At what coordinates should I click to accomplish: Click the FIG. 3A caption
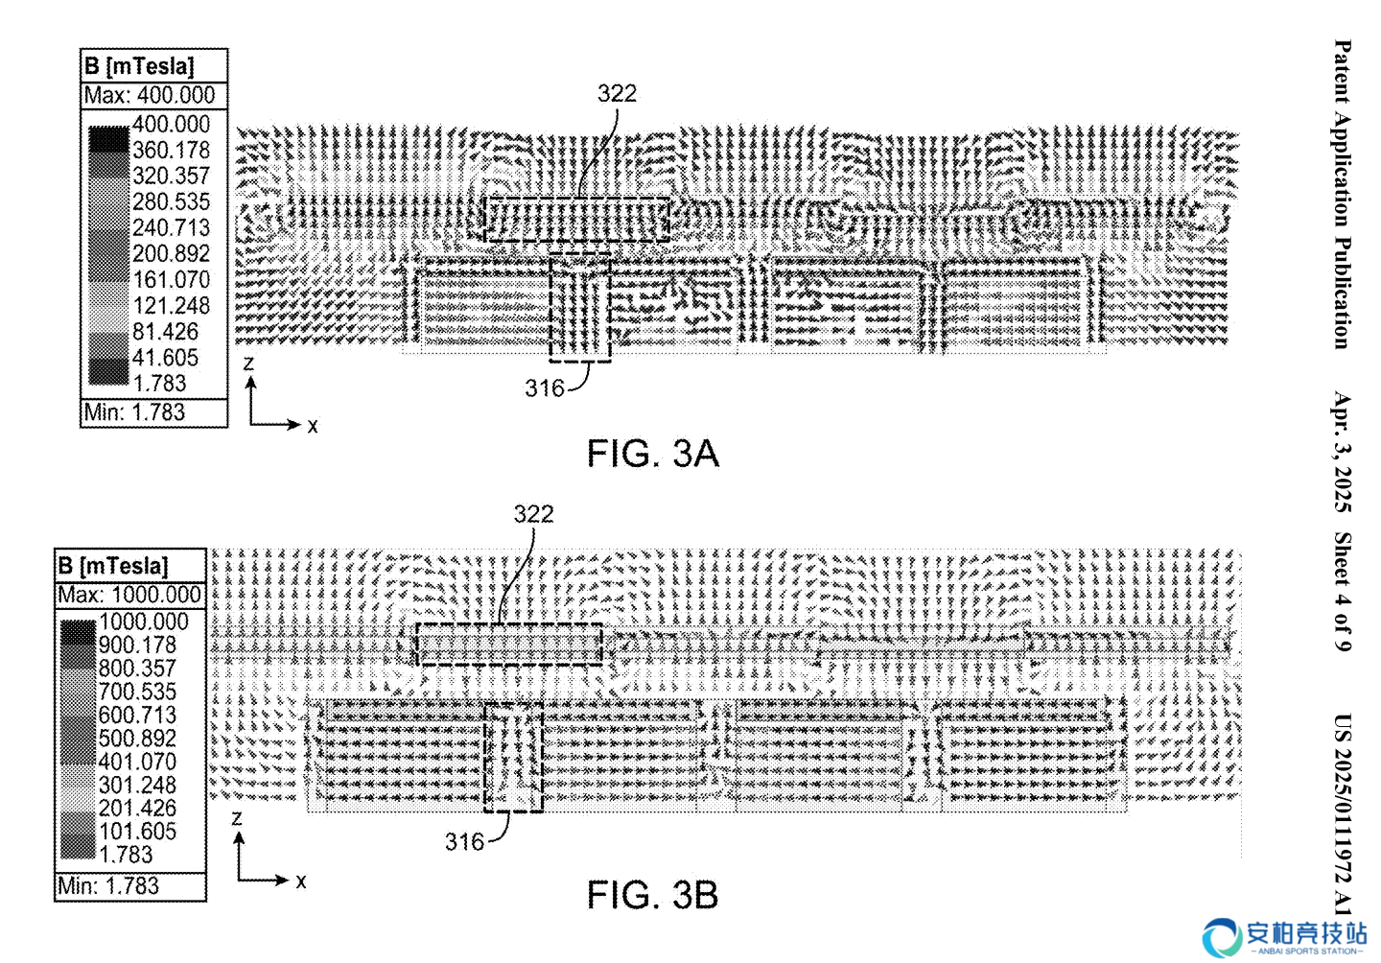click(x=652, y=454)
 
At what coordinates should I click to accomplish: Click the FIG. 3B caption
click(x=652, y=895)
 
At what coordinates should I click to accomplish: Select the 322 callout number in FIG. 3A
click(x=617, y=93)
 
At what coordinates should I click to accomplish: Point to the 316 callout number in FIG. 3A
click(x=545, y=388)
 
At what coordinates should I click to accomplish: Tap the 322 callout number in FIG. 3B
click(x=534, y=513)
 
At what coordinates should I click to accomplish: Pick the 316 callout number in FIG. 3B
click(x=464, y=841)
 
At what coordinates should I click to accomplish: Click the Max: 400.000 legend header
click(x=150, y=96)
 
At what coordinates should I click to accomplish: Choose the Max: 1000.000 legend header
click(x=129, y=595)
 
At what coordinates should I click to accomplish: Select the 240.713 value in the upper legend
click(x=172, y=227)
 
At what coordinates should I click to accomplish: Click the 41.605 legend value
click(x=165, y=358)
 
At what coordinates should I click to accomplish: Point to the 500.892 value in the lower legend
click(x=137, y=738)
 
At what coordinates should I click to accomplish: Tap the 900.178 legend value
click(x=137, y=645)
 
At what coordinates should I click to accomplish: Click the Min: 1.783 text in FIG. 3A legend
click(x=134, y=411)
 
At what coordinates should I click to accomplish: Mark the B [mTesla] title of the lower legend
click(x=113, y=566)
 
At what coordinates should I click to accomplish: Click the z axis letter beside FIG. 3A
click(x=248, y=364)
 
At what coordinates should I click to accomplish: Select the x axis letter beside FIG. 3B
click(x=301, y=881)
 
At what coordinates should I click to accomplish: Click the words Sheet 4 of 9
click(x=1343, y=592)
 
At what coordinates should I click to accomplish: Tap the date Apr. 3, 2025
click(x=1343, y=452)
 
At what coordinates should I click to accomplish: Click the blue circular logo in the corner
click(x=1222, y=938)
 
